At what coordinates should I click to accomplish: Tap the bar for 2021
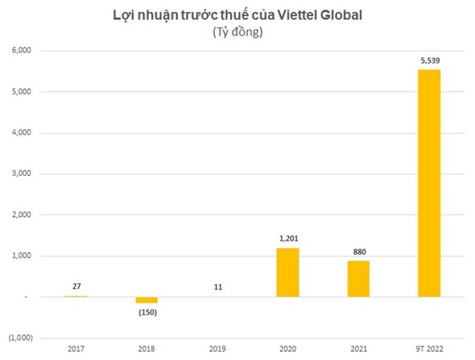[359, 278]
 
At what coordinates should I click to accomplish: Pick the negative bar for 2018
[146, 300]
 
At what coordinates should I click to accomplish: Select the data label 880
[359, 252]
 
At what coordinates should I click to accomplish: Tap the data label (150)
[146, 312]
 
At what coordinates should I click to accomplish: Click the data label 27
[76, 286]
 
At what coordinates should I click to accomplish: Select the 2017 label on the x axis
[76, 347]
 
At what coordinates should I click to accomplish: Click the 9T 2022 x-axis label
[429, 347]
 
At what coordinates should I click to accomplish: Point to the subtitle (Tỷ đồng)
[237, 33]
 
